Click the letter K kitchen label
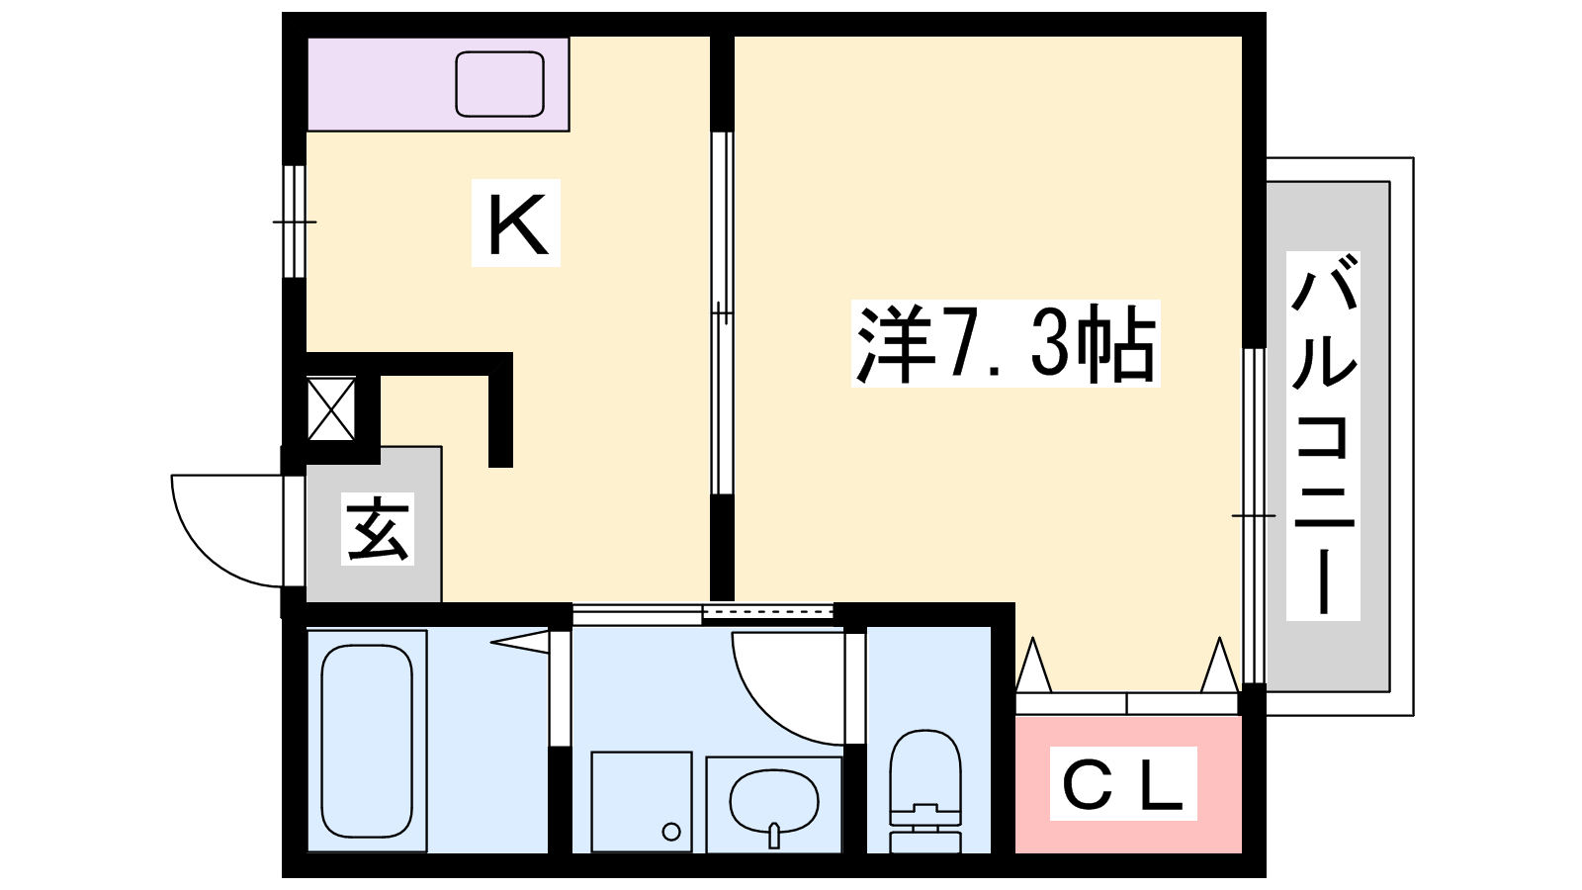pos(517,223)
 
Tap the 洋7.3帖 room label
pos(1005,343)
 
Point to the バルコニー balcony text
pos(1323,435)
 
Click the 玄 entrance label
pos(377,528)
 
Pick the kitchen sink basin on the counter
pos(499,84)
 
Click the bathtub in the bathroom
pos(367,741)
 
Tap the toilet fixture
pos(925,791)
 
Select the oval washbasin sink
pos(773,804)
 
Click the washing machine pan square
pos(642,802)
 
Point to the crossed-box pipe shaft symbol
pos(331,409)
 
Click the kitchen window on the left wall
pos(295,222)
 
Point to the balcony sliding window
pos(1254,515)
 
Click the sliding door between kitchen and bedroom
pos(722,312)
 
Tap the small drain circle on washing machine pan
pos(671,832)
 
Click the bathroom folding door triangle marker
pos(520,642)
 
